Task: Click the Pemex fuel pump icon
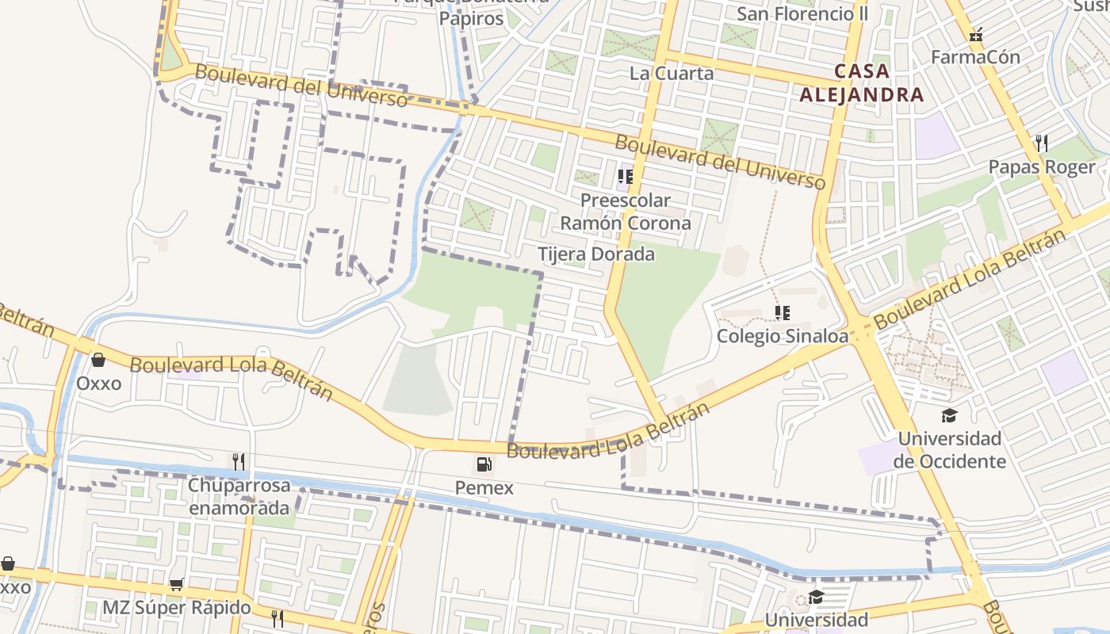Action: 484,464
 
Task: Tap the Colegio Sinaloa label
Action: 782,336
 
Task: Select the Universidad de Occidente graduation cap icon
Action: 949,415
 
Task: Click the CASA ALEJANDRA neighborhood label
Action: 861,83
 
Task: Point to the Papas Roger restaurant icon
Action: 1042,143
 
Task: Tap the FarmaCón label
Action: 975,57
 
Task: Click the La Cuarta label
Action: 672,73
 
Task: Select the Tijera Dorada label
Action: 596,254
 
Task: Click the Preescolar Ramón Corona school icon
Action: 626,176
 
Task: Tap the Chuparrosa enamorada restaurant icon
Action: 237,461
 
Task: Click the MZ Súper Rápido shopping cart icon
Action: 176,585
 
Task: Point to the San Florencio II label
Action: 802,13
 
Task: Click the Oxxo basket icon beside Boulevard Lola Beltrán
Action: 98,361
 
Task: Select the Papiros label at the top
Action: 471,18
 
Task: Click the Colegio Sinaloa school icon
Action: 783,313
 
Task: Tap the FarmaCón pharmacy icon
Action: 976,35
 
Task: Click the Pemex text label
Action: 484,488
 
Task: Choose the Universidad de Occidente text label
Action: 949,450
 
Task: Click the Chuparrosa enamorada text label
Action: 239,496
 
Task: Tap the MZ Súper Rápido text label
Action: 176,609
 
